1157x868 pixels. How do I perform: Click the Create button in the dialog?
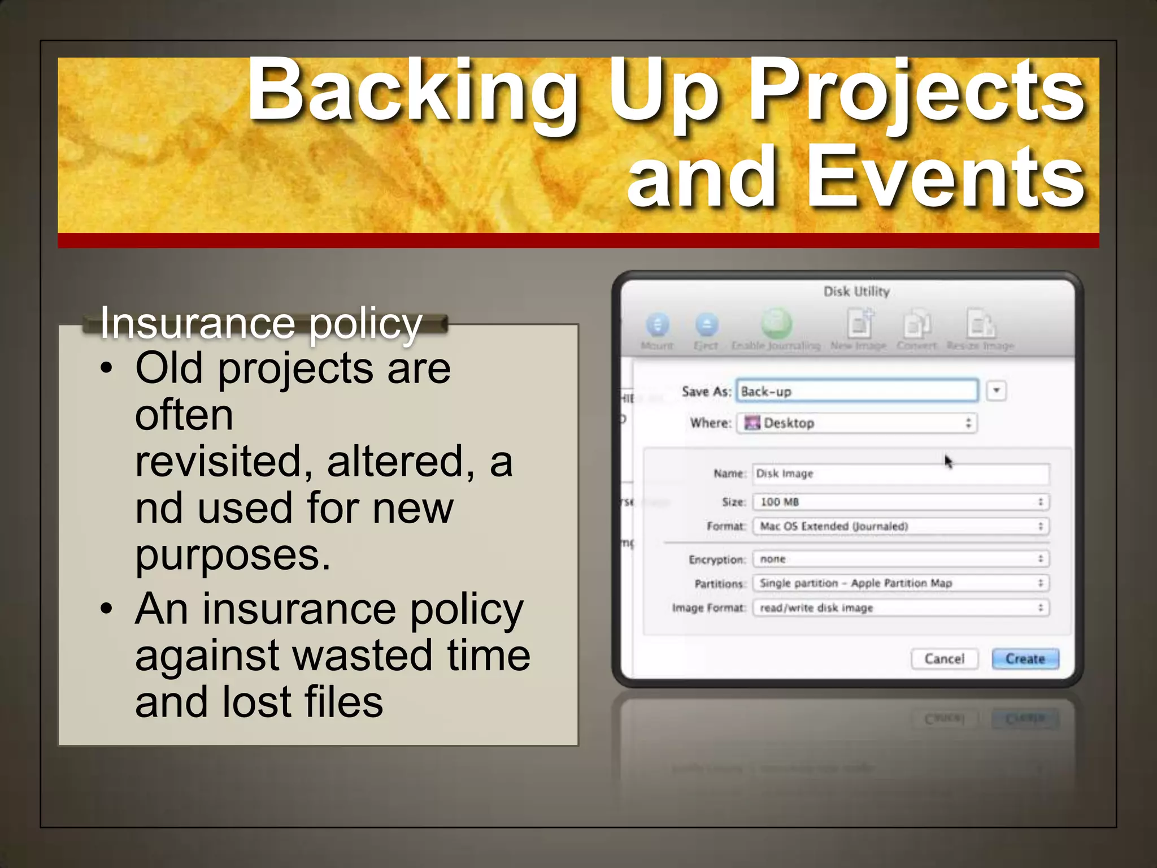tap(1025, 659)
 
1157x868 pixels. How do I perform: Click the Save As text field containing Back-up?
tap(856, 391)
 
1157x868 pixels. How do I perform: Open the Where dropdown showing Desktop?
tap(856, 423)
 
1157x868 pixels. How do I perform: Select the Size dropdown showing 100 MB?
tap(901, 502)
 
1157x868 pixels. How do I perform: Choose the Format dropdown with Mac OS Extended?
tap(901, 527)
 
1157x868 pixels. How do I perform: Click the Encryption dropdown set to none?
tap(901, 559)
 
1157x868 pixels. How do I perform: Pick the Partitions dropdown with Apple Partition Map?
tap(901, 583)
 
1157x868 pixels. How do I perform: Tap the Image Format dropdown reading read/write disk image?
tap(901, 608)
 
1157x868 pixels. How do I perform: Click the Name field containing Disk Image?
tap(901, 474)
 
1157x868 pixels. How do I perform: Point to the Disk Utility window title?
tap(856, 292)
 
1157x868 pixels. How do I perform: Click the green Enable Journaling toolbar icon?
tap(776, 324)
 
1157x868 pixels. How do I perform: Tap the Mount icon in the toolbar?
tap(657, 325)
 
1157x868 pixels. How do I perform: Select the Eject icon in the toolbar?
tap(706, 325)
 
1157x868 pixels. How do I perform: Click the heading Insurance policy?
tap(261, 323)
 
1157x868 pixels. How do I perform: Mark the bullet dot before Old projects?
tap(106, 368)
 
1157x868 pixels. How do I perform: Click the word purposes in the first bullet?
tap(233, 555)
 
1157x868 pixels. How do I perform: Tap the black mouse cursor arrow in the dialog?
tap(948, 462)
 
